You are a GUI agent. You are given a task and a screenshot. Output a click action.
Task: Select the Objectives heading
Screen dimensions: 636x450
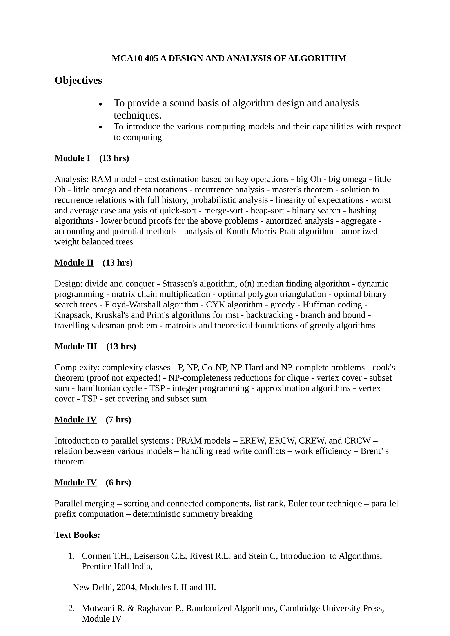pyautogui.click(x=78, y=80)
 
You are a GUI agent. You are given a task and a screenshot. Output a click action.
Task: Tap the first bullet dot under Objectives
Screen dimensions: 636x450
pyautogui.click(x=101, y=104)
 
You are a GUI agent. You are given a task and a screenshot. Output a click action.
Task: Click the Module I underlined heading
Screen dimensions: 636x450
pyautogui.click(x=72, y=158)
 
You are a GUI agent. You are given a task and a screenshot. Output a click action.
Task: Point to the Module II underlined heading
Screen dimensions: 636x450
pyautogui.click(x=74, y=263)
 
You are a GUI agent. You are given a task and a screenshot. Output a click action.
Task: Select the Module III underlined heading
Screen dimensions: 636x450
pyautogui.click(x=76, y=346)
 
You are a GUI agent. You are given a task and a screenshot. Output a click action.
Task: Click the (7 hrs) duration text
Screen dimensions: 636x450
pyautogui.click(x=118, y=420)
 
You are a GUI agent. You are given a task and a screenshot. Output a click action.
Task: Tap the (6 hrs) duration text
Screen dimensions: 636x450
pyautogui.click(x=118, y=482)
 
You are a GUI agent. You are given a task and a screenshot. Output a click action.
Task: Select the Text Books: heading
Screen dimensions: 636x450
pyautogui.click(x=77, y=535)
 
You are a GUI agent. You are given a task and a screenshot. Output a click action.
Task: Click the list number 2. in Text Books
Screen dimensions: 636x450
pyautogui.click(x=71, y=608)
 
